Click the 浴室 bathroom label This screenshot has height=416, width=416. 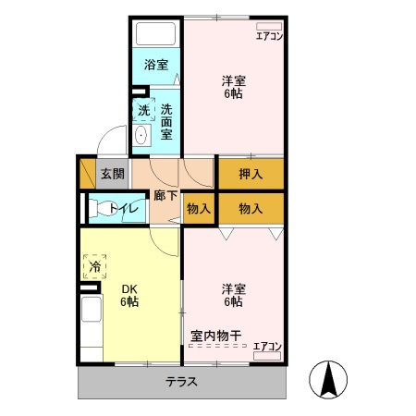[156, 65]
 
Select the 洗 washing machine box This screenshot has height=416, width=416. [143, 110]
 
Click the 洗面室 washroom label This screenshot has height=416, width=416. [167, 119]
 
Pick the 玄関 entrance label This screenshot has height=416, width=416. [113, 174]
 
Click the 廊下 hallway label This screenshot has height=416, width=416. [165, 196]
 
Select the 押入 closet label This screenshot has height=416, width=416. [251, 173]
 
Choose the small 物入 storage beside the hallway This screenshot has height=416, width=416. [199, 208]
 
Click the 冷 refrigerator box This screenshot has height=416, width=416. [95, 267]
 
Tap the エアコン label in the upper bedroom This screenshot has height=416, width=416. [270, 36]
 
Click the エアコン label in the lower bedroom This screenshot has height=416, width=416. [267, 346]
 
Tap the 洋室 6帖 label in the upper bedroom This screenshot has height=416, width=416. [232, 86]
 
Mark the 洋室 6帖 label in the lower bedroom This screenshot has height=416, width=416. [232, 295]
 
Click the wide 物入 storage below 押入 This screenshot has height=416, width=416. [251, 209]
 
